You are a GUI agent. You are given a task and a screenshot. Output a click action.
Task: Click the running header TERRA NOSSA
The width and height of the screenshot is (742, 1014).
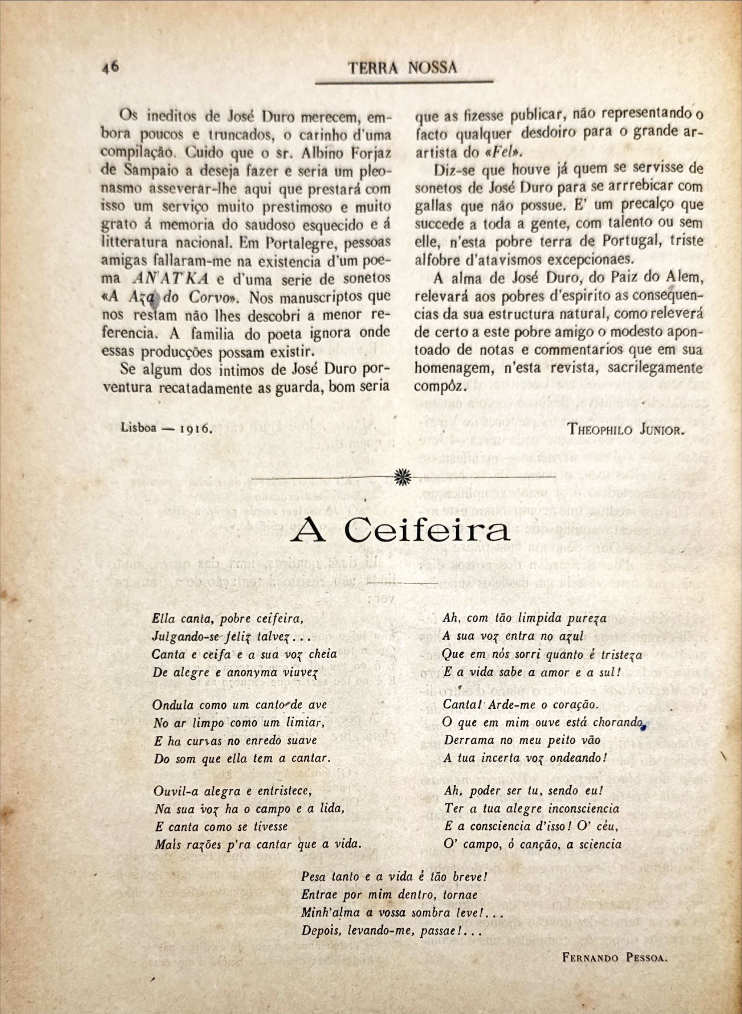coord(403,68)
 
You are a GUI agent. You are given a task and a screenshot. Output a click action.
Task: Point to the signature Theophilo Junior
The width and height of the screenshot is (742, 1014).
coord(626,429)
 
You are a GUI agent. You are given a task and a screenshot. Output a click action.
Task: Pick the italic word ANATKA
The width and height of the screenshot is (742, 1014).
coord(171,279)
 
